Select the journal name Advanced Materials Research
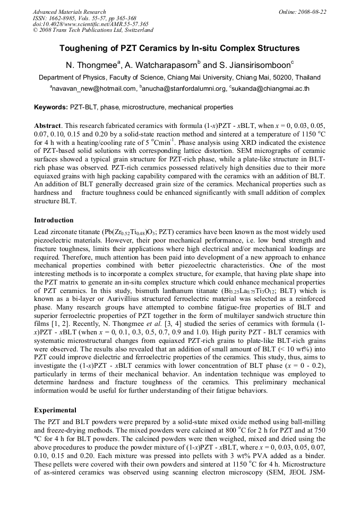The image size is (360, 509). pyautogui.click(x=69, y=11)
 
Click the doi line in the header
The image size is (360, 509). pyautogui.click(x=90, y=24)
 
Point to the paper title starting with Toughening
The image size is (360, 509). pyautogui.click(x=179, y=48)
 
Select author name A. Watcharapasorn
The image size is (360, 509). pyautogui.click(x=161, y=65)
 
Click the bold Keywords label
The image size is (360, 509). pyautogui.click(x=50, y=107)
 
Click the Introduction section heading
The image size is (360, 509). pyautogui.click(x=54, y=220)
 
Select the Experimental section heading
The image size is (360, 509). pyautogui.click(x=55, y=410)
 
